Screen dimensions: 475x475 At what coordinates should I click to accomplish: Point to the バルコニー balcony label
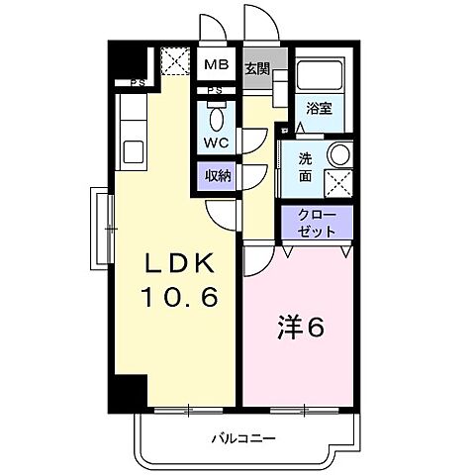pos(242,437)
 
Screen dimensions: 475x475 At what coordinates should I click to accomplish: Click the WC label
pos(217,141)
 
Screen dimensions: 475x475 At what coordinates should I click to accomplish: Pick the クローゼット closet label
pos(318,223)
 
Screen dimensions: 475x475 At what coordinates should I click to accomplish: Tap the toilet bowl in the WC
pos(216,115)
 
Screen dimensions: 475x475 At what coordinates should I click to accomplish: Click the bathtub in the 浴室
pos(319,77)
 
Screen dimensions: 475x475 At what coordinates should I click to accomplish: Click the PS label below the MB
pos(215,91)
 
